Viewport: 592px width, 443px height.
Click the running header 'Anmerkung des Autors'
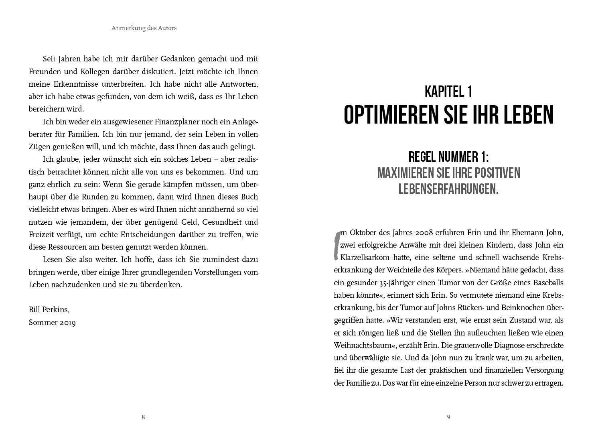pos(144,28)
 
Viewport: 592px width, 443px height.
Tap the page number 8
pos(143,417)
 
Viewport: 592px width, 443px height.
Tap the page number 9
pos(448,417)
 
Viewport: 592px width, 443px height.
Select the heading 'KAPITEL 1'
pos(448,91)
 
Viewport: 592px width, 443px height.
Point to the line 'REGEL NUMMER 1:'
pos(448,156)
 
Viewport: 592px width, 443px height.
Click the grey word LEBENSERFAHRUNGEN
pos(448,189)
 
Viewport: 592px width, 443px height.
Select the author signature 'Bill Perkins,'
pos(49,310)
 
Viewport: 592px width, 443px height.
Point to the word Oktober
pos(363,233)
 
